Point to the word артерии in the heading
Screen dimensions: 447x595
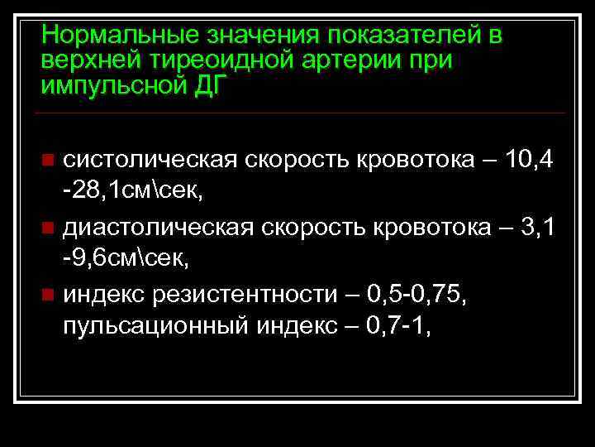(331, 60)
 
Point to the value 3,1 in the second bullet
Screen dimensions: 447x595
(538, 226)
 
